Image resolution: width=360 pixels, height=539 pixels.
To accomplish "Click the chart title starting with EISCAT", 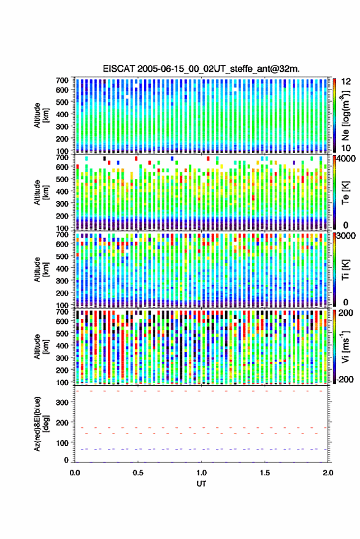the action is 201,69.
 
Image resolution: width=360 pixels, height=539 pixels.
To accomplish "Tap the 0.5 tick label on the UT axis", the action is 138,473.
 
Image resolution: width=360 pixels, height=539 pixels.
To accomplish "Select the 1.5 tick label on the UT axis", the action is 265,473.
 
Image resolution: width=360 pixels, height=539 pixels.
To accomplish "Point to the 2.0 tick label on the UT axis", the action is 328,473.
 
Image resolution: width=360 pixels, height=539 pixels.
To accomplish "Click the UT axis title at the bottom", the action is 201,484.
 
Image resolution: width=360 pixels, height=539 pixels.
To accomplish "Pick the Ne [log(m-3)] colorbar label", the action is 345,115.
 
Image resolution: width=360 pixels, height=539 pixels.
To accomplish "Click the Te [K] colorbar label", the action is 345,193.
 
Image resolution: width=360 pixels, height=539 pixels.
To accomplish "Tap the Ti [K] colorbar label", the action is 345,270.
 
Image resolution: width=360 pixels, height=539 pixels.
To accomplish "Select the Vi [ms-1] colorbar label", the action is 345,346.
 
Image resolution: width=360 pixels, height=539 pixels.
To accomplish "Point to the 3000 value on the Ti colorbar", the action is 347,236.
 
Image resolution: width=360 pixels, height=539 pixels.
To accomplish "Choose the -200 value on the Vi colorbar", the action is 345,380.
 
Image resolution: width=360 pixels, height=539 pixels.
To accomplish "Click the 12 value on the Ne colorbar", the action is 347,82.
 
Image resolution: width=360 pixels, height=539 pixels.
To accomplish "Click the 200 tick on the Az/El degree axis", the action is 63,422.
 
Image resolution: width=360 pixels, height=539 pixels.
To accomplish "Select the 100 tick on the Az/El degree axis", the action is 63,443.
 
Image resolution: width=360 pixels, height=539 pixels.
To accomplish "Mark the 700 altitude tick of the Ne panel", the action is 62,80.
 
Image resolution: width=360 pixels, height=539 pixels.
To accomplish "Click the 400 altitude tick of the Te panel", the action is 62,191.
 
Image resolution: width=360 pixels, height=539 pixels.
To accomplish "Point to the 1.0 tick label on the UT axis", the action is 202,473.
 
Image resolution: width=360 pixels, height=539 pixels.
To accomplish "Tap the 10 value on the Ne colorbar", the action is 347,148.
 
